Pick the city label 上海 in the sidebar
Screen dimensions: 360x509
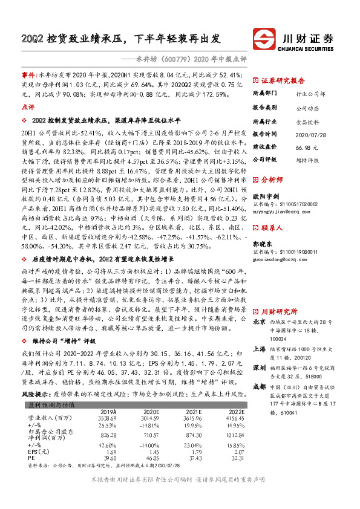[259, 349]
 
